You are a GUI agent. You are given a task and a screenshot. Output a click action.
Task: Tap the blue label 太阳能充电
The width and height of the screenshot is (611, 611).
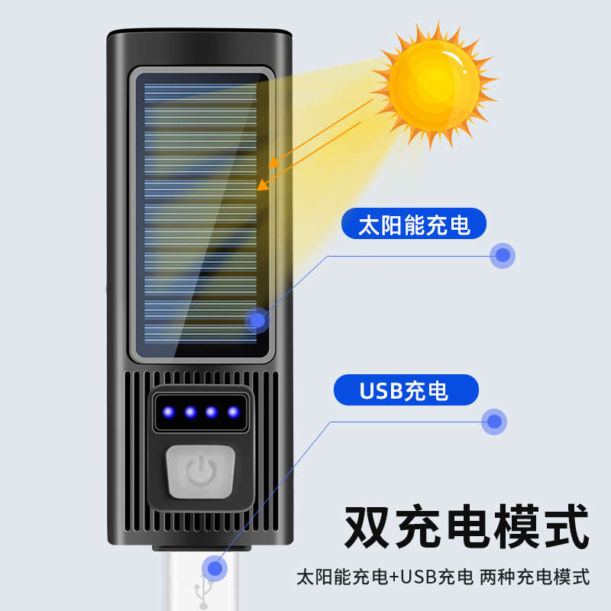[x=414, y=225]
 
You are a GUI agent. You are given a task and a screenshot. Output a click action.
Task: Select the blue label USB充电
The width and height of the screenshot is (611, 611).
[x=405, y=390]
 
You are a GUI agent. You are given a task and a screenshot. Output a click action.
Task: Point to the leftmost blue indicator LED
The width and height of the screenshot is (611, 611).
[x=170, y=412]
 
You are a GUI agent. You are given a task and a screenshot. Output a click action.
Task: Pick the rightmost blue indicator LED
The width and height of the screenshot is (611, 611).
[x=232, y=412]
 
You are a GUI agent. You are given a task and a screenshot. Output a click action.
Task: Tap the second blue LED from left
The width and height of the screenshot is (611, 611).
[x=190, y=412]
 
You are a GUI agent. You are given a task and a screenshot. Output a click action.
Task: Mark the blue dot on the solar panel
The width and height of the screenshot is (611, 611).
[x=257, y=321]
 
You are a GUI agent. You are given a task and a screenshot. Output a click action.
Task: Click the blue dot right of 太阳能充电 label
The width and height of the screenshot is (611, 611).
[x=503, y=255]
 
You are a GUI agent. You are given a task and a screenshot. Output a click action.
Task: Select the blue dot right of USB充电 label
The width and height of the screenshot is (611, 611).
[x=495, y=420]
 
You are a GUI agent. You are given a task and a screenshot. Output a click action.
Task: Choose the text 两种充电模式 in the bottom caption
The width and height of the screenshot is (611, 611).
[x=535, y=577]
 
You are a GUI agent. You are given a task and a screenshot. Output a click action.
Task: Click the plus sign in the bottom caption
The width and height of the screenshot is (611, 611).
[x=395, y=577]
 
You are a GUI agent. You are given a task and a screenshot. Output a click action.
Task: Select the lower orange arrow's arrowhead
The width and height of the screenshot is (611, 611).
[x=260, y=186]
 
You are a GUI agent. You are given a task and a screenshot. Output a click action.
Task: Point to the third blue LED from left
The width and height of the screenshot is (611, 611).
[x=212, y=412]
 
